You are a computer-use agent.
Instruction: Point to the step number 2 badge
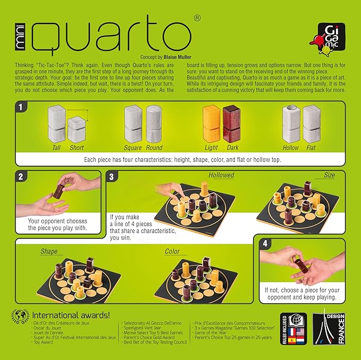[x=20, y=176]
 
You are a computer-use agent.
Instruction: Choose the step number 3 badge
[x=112, y=176]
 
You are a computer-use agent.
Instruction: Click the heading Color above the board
[x=172, y=251]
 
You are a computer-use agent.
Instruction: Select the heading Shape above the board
[x=49, y=251]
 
